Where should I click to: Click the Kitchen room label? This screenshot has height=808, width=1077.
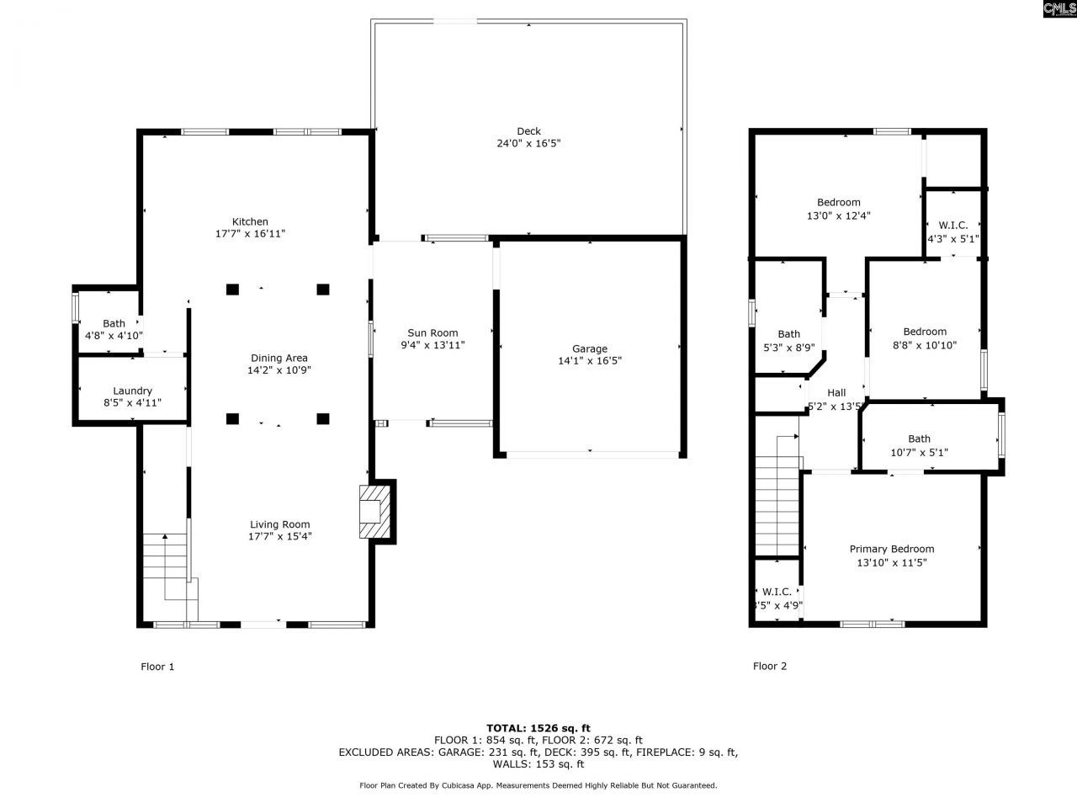click(x=250, y=222)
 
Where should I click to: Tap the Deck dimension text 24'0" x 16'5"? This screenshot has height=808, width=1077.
click(x=528, y=144)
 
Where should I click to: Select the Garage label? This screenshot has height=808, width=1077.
click(x=589, y=348)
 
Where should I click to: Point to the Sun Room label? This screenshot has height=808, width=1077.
click(x=432, y=332)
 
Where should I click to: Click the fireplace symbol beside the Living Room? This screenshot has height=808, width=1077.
click(x=375, y=511)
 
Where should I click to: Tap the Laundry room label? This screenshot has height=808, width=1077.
click(x=132, y=391)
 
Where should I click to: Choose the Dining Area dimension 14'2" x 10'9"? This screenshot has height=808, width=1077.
click(x=279, y=370)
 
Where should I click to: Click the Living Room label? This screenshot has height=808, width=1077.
click(x=279, y=524)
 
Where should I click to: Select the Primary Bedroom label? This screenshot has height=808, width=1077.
click(x=891, y=549)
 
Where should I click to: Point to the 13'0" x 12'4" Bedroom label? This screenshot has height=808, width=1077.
click(x=838, y=202)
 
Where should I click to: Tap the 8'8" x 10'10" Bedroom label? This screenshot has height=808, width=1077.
click(x=925, y=332)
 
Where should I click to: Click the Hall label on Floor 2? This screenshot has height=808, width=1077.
click(x=836, y=392)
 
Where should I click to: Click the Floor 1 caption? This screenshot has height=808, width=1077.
click(x=157, y=667)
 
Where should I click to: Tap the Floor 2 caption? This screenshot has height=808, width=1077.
click(x=770, y=667)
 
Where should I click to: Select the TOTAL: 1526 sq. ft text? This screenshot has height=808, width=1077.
click(x=538, y=728)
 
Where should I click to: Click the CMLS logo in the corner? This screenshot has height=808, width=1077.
click(x=1058, y=9)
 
